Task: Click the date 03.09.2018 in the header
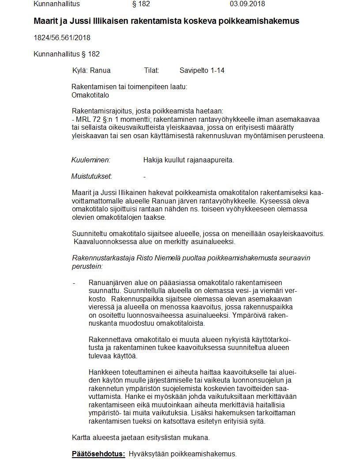point(247,4)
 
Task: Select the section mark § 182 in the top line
point(141,4)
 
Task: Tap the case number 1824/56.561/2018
point(62,38)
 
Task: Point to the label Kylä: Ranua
point(91,70)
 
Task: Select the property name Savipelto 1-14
point(202,70)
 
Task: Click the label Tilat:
point(151,70)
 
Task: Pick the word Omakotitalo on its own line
point(90,95)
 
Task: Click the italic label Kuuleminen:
point(90,160)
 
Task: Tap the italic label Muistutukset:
point(91,177)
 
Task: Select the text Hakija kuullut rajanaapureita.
point(188,160)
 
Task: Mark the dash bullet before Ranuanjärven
point(74,283)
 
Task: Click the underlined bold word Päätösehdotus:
point(98,454)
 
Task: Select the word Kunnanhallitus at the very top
point(56,4)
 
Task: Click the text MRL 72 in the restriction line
point(86,120)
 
